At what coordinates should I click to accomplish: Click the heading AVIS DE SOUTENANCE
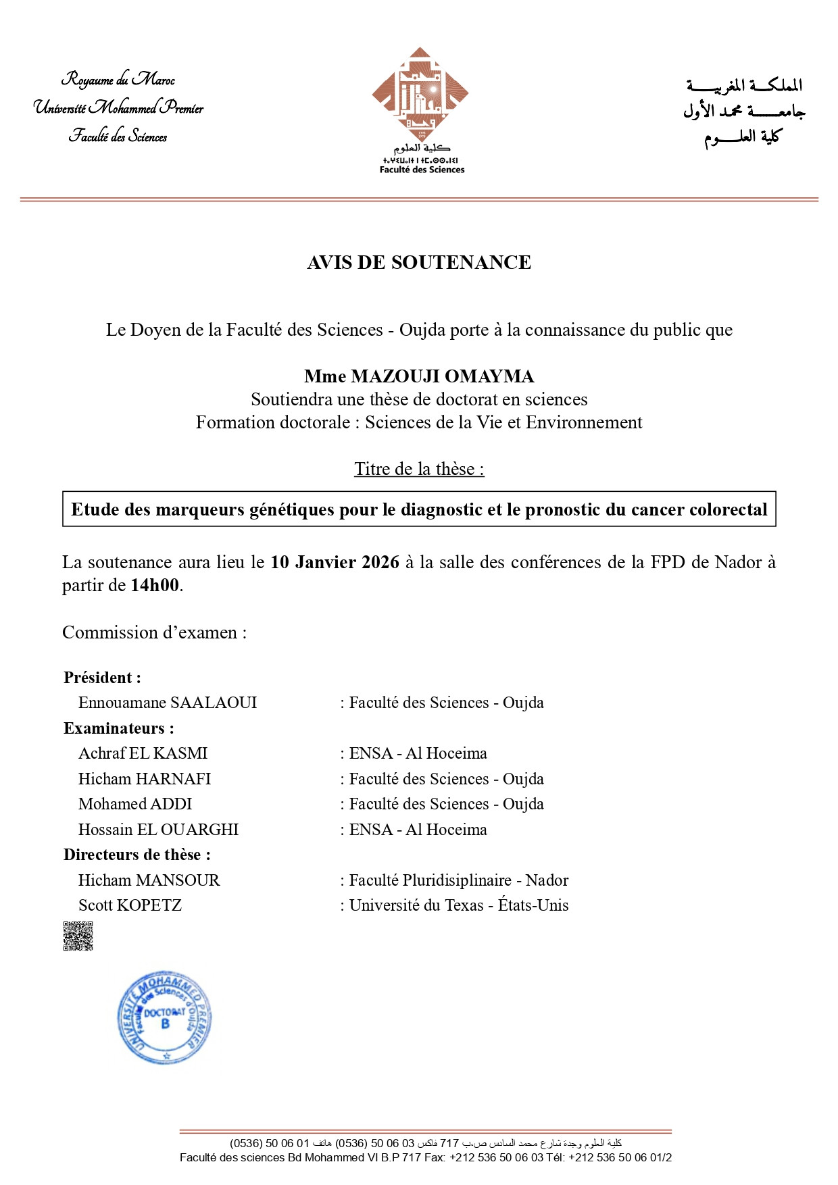tap(419, 262)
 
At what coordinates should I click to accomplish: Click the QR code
tap(78, 936)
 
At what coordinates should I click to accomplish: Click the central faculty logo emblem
tap(420, 94)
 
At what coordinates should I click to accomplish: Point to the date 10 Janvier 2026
tap(335, 562)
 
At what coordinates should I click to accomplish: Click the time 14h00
tap(155, 585)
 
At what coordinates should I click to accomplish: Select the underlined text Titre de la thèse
tap(419, 469)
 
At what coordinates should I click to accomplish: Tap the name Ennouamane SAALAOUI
tap(168, 703)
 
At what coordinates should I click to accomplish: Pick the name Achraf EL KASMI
tap(143, 753)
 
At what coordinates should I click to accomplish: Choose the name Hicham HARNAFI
tap(145, 779)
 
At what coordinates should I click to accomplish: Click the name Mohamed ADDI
tap(135, 804)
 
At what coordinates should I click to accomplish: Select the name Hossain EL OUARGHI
tap(159, 830)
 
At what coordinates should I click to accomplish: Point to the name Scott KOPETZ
tap(130, 905)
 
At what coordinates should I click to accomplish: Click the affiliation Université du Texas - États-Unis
tap(459, 905)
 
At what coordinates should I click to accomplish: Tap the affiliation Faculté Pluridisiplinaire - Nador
tap(459, 880)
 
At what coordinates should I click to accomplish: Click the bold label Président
tap(102, 678)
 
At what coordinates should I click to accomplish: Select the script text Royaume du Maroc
tap(118, 80)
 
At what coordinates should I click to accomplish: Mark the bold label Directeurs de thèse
tap(137, 855)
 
